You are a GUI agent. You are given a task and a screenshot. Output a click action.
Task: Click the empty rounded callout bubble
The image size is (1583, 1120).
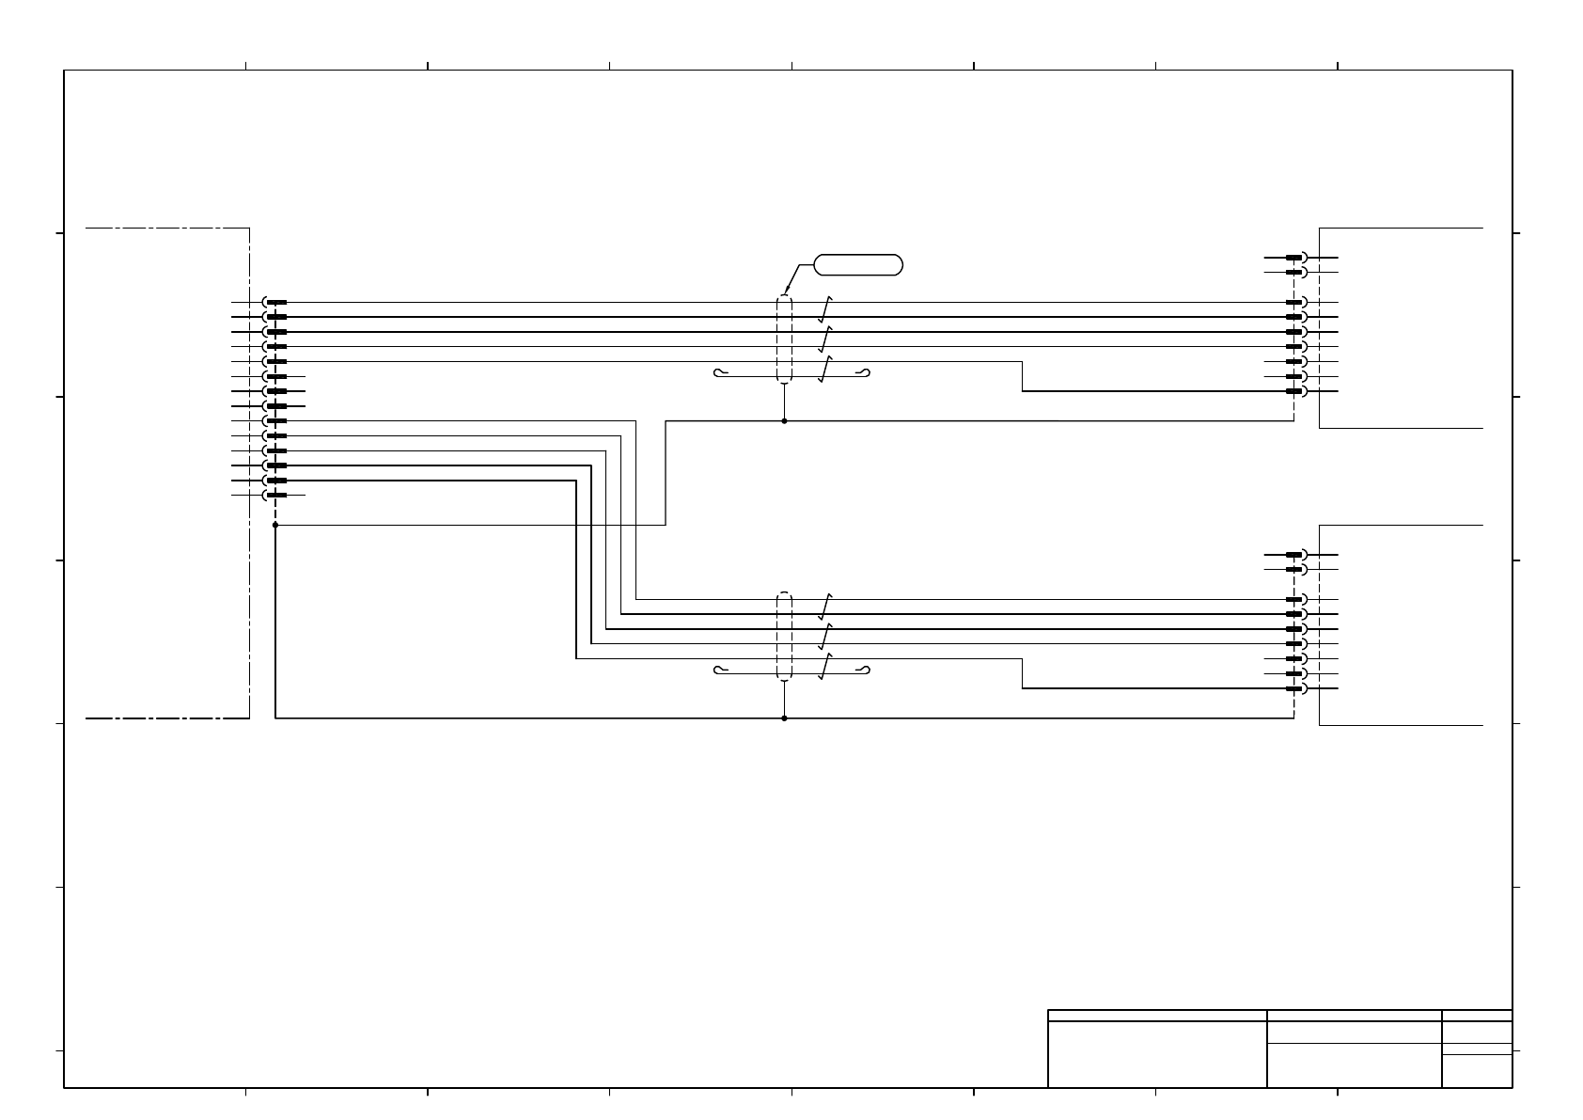pyautogui.click(x=858, y=265)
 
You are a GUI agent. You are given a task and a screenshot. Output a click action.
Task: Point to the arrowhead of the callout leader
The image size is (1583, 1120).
pyautogui.click(x=785, y=293)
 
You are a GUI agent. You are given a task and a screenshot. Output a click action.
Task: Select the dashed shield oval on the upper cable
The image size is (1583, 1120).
pyautogui.click(x=784, y=339)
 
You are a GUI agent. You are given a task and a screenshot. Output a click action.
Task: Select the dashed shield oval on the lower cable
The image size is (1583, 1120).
pyautogui.click(x=784, y=637)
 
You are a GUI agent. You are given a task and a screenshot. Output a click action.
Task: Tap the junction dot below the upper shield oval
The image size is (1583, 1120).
pyautogui.click(x=784, y=421)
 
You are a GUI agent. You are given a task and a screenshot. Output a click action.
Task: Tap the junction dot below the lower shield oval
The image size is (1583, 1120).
pyautogui.click(x=784, y=718)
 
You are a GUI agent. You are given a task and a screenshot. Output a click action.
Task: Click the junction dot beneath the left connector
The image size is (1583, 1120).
pyautogui.click(x=275, y=525)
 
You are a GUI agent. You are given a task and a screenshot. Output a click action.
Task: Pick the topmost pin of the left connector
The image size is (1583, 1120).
pyautogui.click(x=274, y=303)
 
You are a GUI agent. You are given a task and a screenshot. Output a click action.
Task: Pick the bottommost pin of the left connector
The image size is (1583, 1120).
pyautogui.click(x=274, y=495)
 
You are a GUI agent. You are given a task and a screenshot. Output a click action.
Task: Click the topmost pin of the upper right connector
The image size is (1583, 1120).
pyautogui.click(x=1295, y=258)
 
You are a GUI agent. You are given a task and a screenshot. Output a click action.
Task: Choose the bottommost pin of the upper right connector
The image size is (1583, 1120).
pyautogui.click(x=1295, y=391)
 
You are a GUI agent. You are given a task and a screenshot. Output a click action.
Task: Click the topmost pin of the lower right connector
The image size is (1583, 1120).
pyautogui.click(x=1295, y=555)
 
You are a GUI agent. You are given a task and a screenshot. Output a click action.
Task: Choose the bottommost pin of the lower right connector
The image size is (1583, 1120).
pyautogui.click(x=1295, y=688)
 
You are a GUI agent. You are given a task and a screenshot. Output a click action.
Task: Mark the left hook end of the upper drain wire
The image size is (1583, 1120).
pyautogui.click(x=719, y=373)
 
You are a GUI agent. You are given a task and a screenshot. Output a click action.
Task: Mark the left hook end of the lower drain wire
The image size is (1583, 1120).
pyautogui.click(x=719, y=670)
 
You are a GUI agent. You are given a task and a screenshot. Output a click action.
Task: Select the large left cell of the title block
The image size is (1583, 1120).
pyautogui.click(x=1157, y=1054)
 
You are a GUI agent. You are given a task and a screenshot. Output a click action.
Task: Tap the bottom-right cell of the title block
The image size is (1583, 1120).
pyautogui.click(x=1477, y=1071)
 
